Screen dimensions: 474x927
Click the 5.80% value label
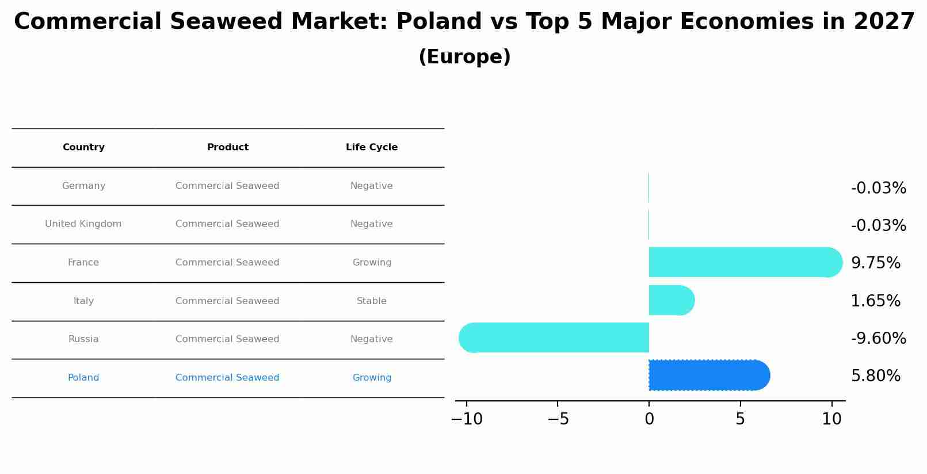(875, 376)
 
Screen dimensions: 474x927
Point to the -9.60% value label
(878, 339)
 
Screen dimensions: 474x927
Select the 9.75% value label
(875, 263)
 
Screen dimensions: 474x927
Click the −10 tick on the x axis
(467, 419)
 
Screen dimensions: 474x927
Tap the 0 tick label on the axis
(649, 419)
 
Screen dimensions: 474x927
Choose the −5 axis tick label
(558, 419)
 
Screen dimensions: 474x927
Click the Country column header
(83, 147)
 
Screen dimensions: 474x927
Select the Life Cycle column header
(372, 147)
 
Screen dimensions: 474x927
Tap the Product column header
(228, 147)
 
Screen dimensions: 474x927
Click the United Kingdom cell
(83, 224)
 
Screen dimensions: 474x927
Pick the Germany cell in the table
(83, 186)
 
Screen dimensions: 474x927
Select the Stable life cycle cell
(372, 301)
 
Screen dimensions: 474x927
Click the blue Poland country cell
(83, 378)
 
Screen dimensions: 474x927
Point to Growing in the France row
(372, 263)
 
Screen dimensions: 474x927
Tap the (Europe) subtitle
(464, 57)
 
